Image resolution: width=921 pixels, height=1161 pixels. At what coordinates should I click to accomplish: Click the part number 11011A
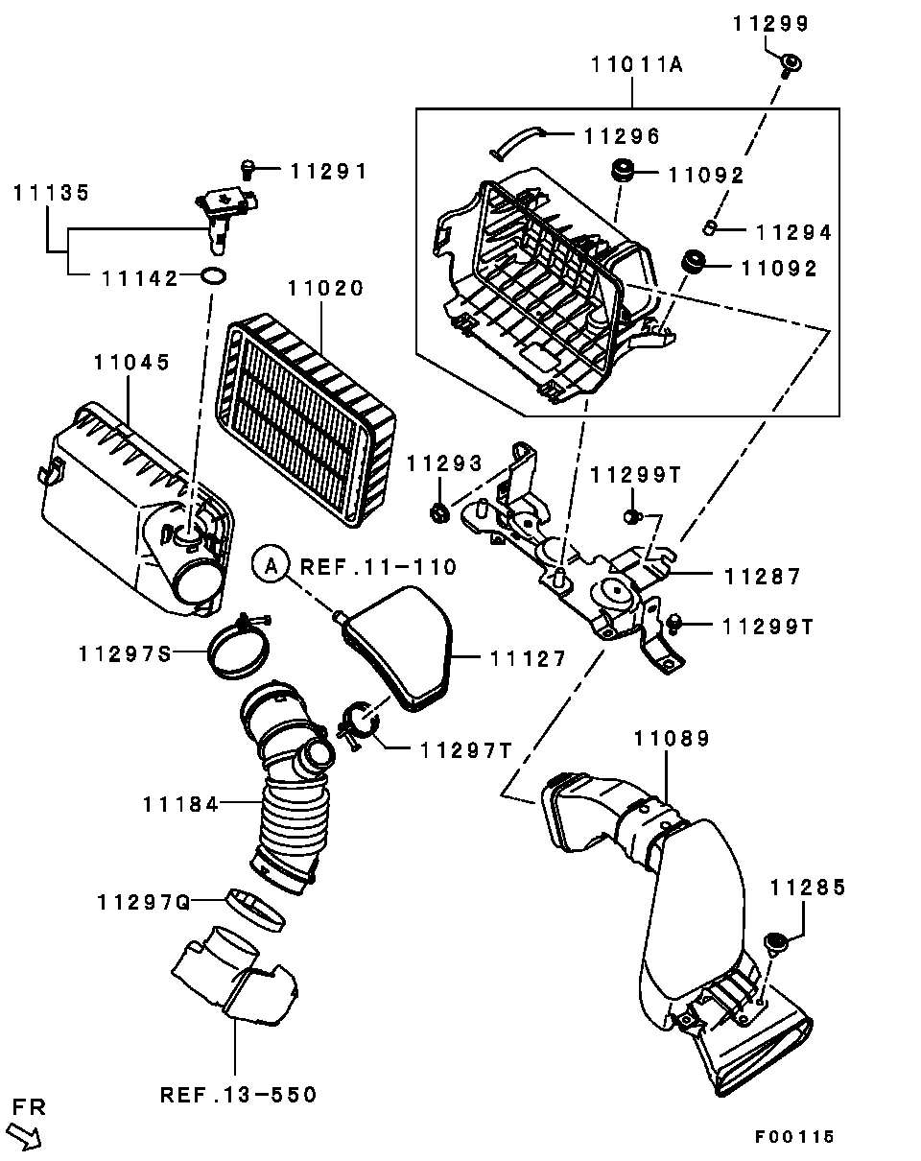click(637, 64)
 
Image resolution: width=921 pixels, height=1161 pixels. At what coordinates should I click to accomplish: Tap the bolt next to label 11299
click(791, 65)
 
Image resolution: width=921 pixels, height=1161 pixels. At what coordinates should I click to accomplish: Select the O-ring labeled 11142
click(213, 275)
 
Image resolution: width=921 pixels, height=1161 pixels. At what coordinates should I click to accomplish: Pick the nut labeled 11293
click(439, 511)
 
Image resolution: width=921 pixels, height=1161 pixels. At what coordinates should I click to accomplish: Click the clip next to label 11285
click(776, 942)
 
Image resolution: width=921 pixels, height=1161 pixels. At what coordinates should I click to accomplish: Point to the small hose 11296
click(517, 142)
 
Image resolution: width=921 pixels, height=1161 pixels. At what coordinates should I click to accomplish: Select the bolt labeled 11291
click(248, 170)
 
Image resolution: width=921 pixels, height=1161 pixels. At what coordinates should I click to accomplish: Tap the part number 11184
click(180, 805)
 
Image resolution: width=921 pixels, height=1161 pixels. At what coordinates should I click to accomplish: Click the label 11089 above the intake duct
click(672, 738)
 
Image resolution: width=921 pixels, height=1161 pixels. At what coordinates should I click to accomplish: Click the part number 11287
click(762, 577)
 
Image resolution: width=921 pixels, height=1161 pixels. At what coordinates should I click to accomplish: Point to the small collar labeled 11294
click(710, 227)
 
